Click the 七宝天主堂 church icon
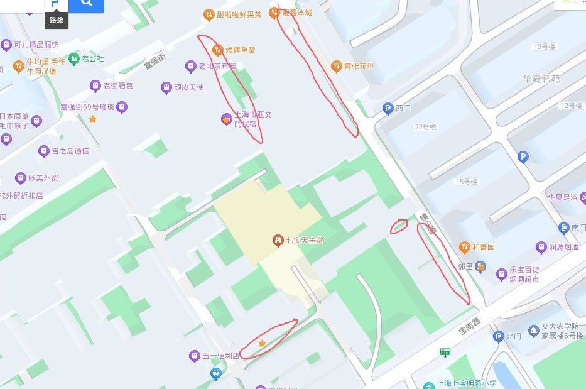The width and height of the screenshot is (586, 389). tap(277, 240)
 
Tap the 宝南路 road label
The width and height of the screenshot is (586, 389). tap(468, 326)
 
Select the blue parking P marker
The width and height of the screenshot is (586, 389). tap(523, 157)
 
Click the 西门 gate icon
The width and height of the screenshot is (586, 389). tap(388, 109)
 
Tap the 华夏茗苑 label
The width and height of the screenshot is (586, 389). tap(541, 79)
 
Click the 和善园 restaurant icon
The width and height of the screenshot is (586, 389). tap(464, 247)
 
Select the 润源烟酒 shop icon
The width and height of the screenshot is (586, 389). tap(540, 247)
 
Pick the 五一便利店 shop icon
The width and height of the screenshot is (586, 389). tap(194, 356)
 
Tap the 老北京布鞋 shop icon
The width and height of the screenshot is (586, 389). tap(190, 66)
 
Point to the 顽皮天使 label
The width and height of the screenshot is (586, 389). tap(189, 87)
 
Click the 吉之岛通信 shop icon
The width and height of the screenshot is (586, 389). tap(43, 151)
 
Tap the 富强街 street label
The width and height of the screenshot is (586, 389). tap(154, 62)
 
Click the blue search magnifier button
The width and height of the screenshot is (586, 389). tap(86, 4)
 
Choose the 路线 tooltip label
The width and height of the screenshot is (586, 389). tap(57, 20)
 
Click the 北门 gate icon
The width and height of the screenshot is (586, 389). tap(499, 337)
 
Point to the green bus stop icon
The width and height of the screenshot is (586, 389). tap(446, 352)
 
